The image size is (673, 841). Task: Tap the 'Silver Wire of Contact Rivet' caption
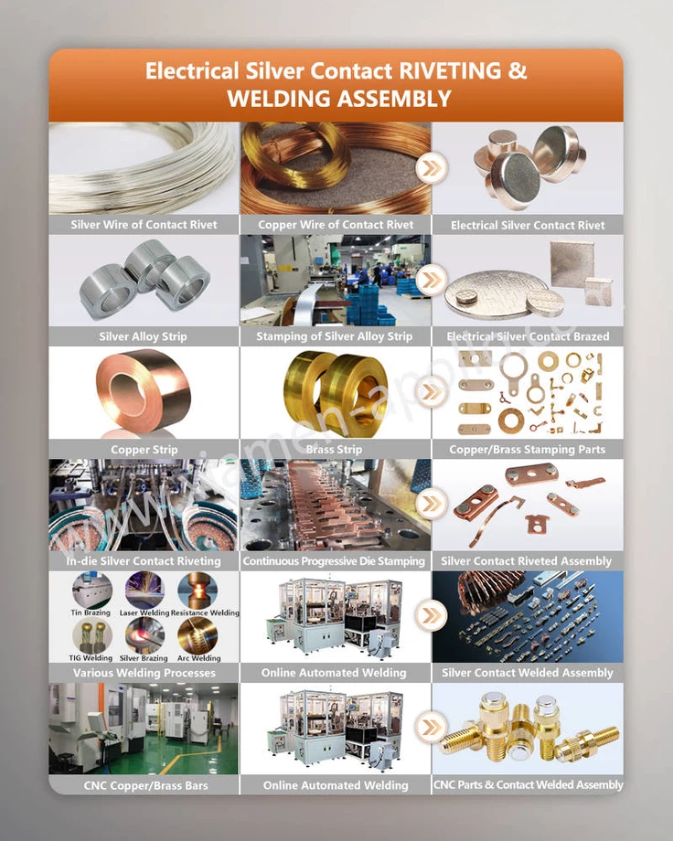[144, 224]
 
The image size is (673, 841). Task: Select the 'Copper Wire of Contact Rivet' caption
[336, 224]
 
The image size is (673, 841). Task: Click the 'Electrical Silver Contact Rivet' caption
[528, 225]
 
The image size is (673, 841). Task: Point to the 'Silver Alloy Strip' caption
[144, 336]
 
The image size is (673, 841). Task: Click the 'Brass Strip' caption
[336, 449]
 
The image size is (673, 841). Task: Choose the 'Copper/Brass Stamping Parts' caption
[528, 449]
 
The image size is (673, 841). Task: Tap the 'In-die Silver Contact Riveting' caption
[144, 560]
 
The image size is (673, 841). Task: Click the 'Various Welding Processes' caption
[144, 673]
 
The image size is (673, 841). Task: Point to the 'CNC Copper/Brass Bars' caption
[144, 785]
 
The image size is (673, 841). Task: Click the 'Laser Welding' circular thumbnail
[144, 591]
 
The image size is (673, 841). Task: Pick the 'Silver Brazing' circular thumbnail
[144, 635]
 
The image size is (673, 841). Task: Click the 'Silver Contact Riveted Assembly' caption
[527, 560]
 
